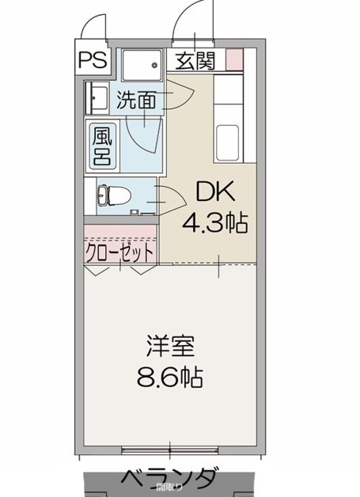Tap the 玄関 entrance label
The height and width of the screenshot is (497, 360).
(x=194, y=60)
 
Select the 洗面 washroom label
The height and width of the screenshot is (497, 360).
(x=137, y=100)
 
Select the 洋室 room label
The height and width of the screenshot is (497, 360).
(x=169, y=347)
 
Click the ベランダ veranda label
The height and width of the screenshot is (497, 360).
(x=169, y=477)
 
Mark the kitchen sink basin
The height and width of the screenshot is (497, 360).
(x=229, y=141)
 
